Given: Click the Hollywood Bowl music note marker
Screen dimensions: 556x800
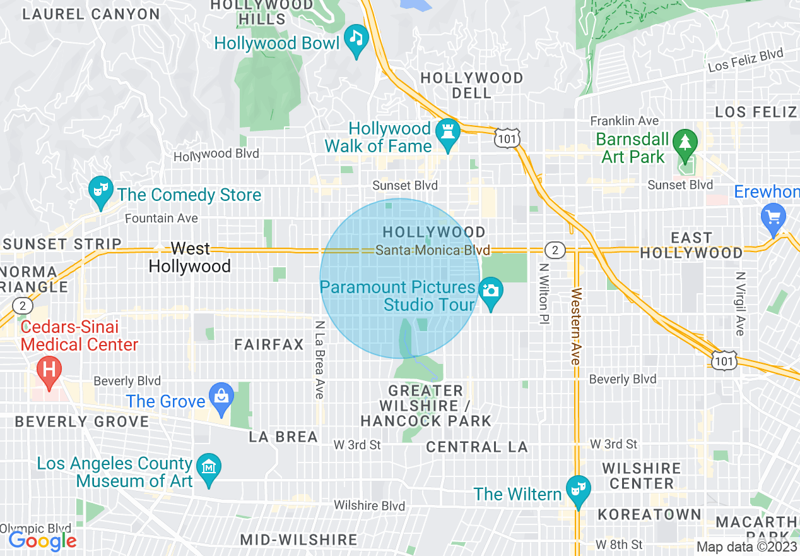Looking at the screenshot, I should click(356, 40).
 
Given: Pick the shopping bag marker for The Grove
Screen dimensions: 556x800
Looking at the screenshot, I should click(221, 398).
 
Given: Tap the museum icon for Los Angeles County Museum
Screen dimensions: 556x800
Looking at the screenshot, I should click(208, 469).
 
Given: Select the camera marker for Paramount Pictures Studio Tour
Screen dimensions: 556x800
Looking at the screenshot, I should click(491, 293).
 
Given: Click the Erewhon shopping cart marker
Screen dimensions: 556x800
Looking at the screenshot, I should click(774, 219).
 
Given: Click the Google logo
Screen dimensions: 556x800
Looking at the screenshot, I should click(42, 541).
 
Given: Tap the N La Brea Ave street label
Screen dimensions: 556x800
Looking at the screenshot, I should click(320, 359).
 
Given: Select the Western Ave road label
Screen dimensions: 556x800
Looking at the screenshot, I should click(575, 326).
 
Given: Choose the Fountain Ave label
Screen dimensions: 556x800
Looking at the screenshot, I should click(162, 219).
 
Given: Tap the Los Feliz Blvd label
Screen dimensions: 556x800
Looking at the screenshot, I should click(745, 61).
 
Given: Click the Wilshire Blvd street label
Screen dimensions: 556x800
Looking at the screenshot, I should click(369, 505).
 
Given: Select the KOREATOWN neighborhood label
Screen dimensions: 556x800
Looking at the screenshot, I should click(649, 514).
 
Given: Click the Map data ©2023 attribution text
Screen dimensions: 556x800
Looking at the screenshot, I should click(746, 547).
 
